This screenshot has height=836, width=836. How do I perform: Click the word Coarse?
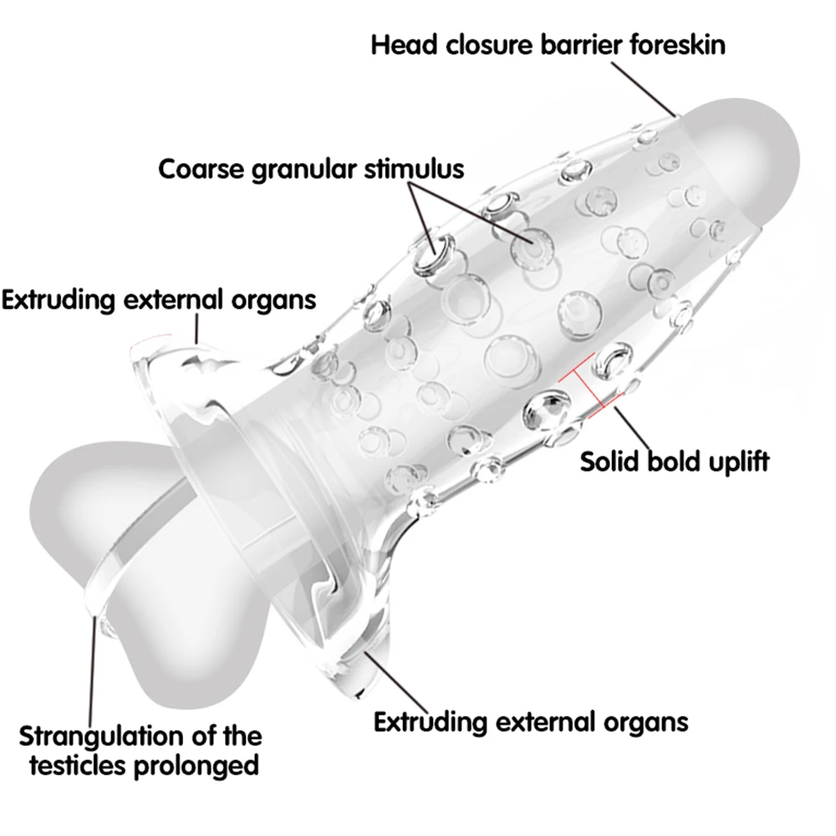(x=201, y=170)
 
